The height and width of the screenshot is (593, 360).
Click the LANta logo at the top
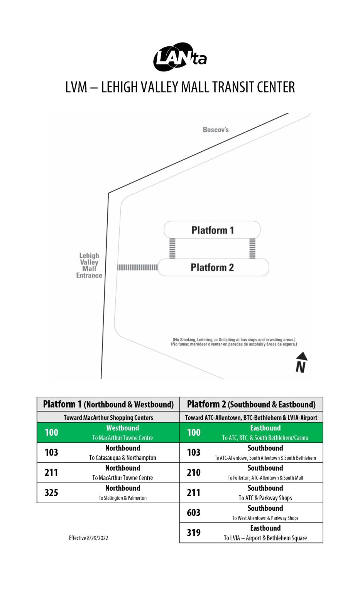click(180, 57)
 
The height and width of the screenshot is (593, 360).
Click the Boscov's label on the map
click(216, 130)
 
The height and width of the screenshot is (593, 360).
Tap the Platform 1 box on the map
click(212, 230)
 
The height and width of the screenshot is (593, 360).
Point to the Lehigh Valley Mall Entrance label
click(89, 265)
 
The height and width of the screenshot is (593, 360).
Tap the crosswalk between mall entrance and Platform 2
click(137, 267)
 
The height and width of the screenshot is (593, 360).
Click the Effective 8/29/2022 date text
click(88, 538)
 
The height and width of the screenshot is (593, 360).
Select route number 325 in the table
click(51, 493)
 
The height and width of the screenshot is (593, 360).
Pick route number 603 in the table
click(194, 513)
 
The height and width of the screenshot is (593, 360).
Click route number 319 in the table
click(194, 533)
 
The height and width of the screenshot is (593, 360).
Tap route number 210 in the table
click(194, 473)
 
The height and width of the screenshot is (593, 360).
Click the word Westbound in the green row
click(123, 428)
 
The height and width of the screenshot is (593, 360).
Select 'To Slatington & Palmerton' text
click(123, 498)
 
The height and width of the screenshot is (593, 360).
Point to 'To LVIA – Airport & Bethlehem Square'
click(265, 538)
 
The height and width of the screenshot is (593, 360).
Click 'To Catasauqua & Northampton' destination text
click(123, 458)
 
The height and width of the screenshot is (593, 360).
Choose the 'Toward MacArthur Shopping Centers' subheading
click(108, 417)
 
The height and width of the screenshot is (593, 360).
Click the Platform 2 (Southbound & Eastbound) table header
click(251, 404)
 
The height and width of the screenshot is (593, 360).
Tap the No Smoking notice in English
click(234, 340)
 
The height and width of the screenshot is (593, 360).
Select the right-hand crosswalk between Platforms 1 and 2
click(252, 248)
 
